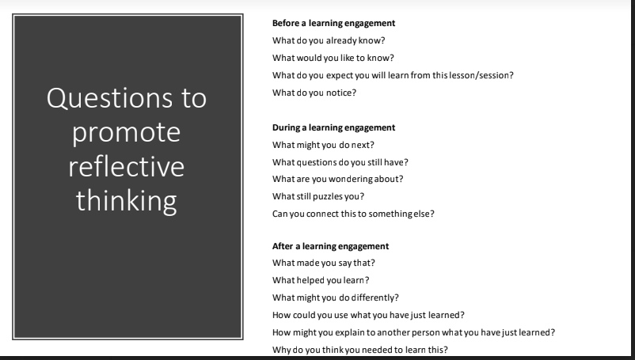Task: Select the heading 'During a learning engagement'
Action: point(323,127)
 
